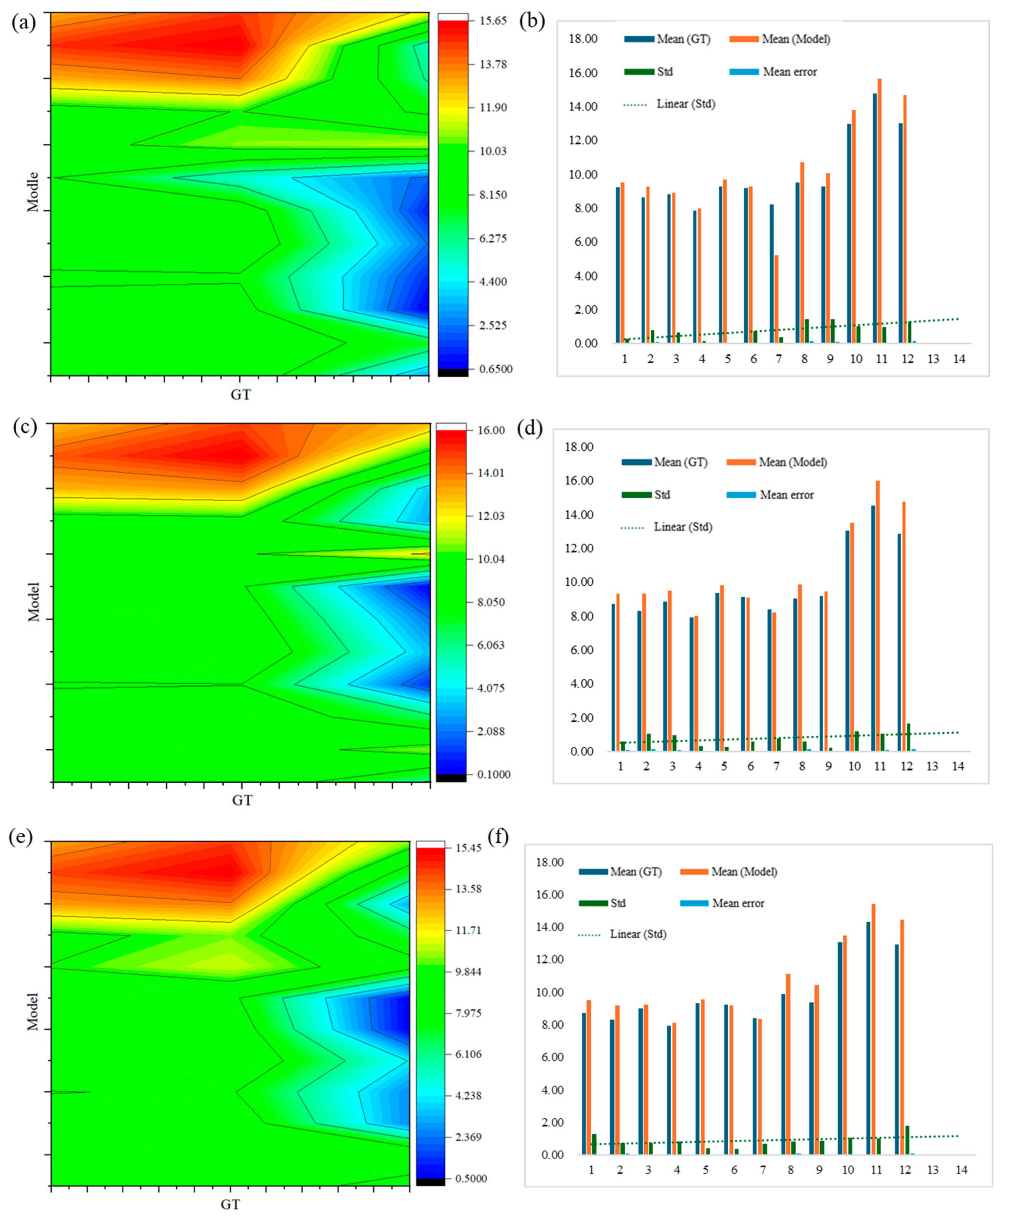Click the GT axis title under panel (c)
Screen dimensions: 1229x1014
pos(242,800)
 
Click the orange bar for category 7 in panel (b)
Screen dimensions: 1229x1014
pos(776,298)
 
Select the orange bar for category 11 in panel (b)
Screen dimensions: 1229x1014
pos(879,210)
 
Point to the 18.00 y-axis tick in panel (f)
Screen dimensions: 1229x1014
pos(550,862)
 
